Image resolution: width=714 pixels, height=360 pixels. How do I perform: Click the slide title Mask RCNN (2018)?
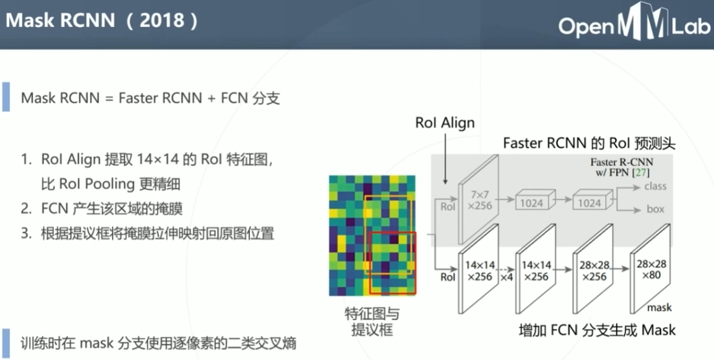point(102,21)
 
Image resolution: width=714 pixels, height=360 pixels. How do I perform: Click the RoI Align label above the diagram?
point(445,123)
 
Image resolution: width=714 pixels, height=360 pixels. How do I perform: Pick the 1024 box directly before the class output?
point(589,203)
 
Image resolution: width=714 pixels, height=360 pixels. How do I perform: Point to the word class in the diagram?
point(655,187)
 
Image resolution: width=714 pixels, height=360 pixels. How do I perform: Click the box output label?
point(655,209)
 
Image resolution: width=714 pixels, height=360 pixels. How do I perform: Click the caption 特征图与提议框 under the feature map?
point(371,322)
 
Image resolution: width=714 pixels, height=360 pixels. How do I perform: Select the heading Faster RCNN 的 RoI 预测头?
point(589,143)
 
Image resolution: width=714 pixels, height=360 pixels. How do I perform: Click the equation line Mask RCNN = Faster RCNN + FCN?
point(150,98)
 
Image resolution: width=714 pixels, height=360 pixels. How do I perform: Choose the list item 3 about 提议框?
point(148,234)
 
